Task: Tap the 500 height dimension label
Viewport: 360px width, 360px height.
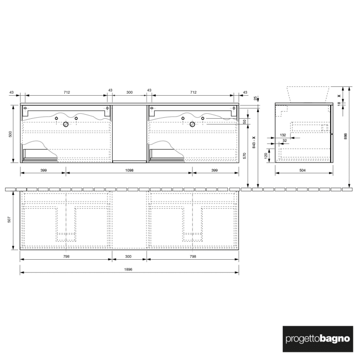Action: click(x=10, y=134)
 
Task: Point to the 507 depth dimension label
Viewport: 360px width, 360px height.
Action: click(x=10, y=219)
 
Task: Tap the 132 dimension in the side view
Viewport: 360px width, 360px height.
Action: click(x=282, y=135)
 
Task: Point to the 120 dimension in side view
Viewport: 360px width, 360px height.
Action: click(x=266, y=155)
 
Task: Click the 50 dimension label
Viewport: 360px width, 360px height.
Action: click(x=244, y=121)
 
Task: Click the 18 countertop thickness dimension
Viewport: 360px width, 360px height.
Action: click(x=339, y=103)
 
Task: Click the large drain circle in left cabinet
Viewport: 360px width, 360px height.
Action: click(x=66, y=124)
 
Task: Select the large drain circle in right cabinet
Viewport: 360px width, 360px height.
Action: click(x=193, y=124)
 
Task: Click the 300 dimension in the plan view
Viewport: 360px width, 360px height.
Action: click(x=129, y=256)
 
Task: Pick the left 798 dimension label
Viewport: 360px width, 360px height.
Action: click(x=66, y=256)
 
